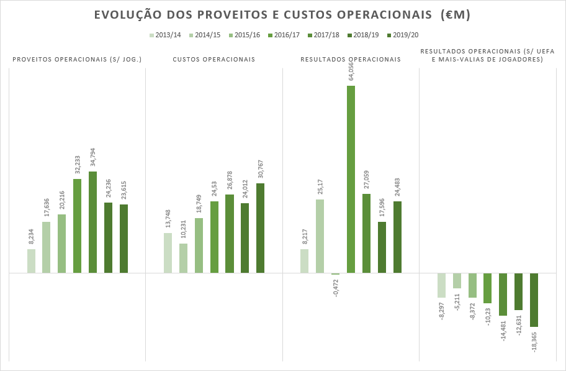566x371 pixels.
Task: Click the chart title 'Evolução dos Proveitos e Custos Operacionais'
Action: [x=282, y=15]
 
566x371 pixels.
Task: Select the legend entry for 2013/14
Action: [x=164, y=35]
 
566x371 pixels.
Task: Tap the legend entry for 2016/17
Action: [x=284, y=35]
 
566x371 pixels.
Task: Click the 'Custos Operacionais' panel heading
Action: [x=213, y=60]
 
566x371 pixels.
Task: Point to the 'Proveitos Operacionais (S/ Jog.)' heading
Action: [x=78, y=60]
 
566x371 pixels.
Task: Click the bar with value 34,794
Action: [x=93, y=222]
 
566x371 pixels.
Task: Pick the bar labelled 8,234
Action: [x=31, y=261]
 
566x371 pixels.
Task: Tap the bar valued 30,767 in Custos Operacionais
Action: [x=260, y=228]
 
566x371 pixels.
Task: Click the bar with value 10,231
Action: [x=183, y=258]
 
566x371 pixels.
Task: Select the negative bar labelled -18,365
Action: [x=534, y=300]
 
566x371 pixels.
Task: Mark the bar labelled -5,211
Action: [x=457, y=281]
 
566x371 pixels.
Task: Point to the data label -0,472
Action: [x=336, y=288]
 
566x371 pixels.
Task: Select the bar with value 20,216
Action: [x=62, y=244]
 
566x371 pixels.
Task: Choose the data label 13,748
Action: [x=168, y=219]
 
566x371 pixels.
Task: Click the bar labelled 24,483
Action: [x=397, y=237]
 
